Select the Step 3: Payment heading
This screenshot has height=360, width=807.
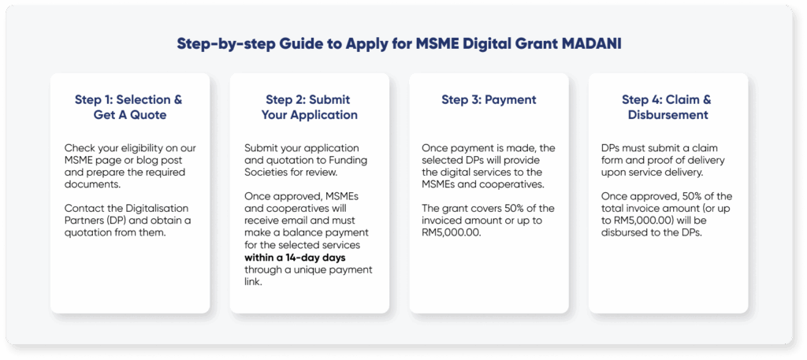[489, 100]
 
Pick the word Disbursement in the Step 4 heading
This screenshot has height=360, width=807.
[668, 115]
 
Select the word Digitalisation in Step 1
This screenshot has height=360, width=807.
[150, 207]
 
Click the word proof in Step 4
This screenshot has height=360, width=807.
[668, 160]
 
